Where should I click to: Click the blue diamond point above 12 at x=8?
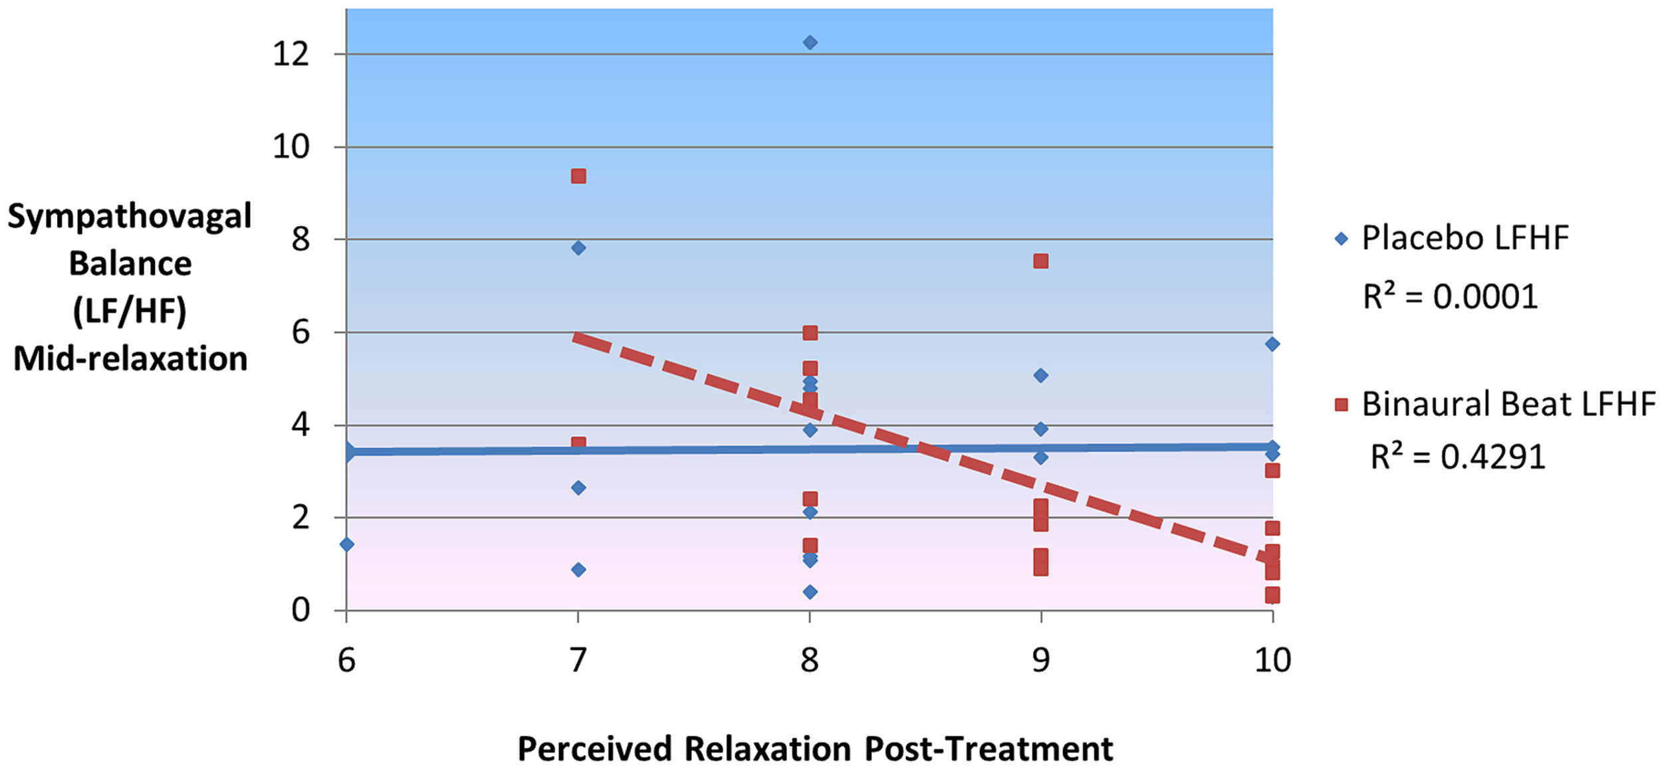pyautogui.click(x=810, y=43)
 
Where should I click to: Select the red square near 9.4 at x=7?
pyautogui.click(x=578, y=176)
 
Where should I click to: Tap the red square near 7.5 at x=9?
pyautogui.click(x=1041, y=261)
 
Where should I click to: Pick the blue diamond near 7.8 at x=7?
pyautogui.click(x=578, y=248)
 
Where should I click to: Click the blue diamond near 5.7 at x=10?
pyautogui.click(x=1272, y=344)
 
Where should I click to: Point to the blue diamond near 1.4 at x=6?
pyautogui.click(x=347, y=544)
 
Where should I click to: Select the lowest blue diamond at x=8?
pyautogui.click(x=810, y=592)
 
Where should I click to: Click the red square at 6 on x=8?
pyautogui.click(x=810, y=333)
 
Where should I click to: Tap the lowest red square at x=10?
pyautogui.click(x=1272, y=595)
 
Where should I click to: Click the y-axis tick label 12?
pyautogui.click(x=291, y=54)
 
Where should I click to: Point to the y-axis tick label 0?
pyautogui.click(x=300, y=610)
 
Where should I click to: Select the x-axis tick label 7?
pyautogui.click(x=578, y=660)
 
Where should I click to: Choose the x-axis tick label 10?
pyautogui.click(x=1272, y=660)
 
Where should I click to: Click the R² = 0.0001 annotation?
pyautogui.click(x=1450, y=296)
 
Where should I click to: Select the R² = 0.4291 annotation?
pyautogui.click(x=1457, y=457)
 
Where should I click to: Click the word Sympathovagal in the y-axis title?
pyautogui.click(x=130, y=217)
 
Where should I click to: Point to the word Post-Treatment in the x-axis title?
pyautogui.click(x=989, y=749)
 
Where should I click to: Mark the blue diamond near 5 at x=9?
pyautogui.click(x=1041, y=376)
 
